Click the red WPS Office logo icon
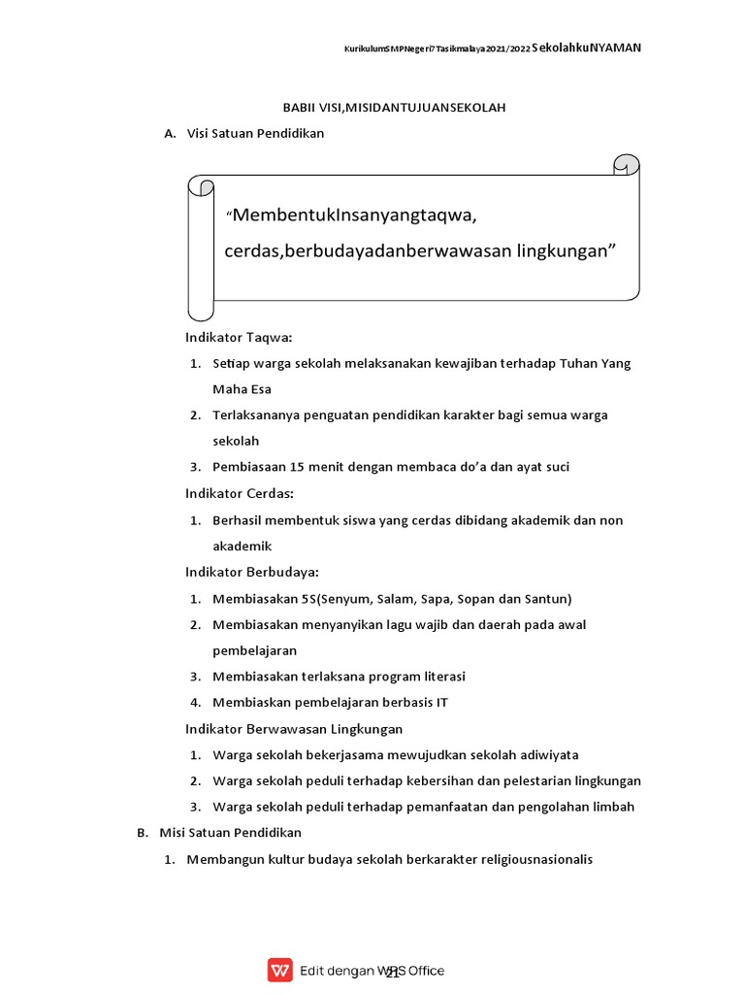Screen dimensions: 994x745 pyautogui.click(x=280, y=970)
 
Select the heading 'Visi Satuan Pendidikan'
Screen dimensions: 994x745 pyautogui.click(x=255, y=134)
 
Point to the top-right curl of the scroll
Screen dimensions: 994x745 pyautogui.click(x=626, y=165)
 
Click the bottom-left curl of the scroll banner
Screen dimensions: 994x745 pyautogui.click(x=201, y=308)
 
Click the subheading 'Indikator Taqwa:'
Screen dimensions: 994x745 pyautogui.click(x=239, y=337)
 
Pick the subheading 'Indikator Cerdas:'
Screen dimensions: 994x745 pyautogui.click(x=241, y=493)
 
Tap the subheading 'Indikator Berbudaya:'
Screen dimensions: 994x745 pyautogui.click(x=251, y=572)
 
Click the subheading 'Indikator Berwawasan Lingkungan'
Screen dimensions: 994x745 pyautogui.click(x=293, y=728)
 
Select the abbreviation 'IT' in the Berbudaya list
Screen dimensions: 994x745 pyautogui.click(x=441, y=702)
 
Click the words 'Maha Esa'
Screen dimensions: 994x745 pyautogui.click(x=242, y=389)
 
